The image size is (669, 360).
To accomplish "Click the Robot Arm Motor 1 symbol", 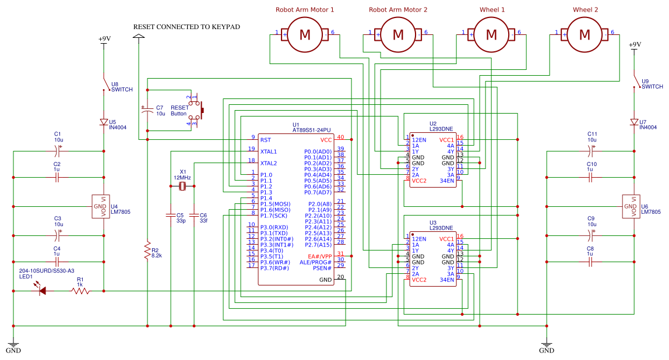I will point(305,35).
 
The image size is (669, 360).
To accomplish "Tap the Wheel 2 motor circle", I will point(585,35).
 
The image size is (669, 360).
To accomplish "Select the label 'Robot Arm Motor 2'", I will point(398,10).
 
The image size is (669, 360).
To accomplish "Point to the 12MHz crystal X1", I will point(182,186).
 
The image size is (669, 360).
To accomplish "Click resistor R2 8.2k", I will point(147,252).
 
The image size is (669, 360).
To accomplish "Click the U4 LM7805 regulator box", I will point(100,207).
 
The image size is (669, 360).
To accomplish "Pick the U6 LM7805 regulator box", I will point(630,207).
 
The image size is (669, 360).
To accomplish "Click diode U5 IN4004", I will point(104,122).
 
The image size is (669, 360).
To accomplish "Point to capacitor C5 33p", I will point(170,214).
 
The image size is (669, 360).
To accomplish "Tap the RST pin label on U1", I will point(266,140).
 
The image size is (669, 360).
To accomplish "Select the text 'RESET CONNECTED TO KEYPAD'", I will point(186,27).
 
